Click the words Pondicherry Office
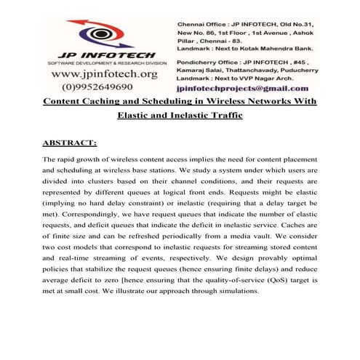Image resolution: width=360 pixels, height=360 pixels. point(206,63)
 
